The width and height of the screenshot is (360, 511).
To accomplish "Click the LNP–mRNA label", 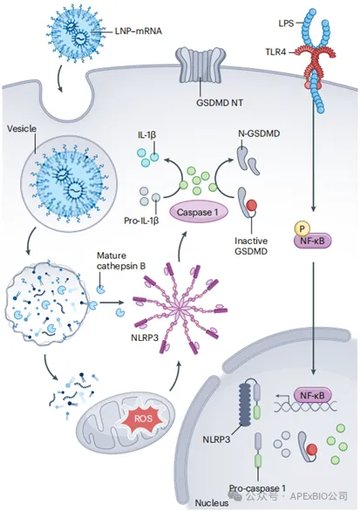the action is pos(139,31).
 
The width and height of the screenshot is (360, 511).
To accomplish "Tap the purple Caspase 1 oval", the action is pos(197,212).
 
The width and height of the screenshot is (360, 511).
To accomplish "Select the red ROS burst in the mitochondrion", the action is pos(143,418).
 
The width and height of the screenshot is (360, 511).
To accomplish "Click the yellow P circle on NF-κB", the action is pos(302,228).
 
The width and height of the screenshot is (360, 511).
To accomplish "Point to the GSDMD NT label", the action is pos(220,103).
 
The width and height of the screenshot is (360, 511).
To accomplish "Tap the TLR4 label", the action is pos(275,51).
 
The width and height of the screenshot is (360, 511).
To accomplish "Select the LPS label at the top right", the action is pos(286,24).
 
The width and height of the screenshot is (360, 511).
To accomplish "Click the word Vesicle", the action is pos(22,129).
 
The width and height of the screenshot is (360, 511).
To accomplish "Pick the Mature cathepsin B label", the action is pos(121,261).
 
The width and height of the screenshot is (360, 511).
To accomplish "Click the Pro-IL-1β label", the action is pos(141,221).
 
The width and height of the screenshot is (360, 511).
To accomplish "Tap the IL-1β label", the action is pos(147,135).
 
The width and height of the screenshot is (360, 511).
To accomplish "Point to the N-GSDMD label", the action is pos(259,133).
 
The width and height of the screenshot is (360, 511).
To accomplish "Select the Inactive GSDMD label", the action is pos(251,246).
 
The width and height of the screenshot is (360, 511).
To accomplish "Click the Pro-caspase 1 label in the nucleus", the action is pos(257,487).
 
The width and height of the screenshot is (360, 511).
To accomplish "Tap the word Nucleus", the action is pos(212,503).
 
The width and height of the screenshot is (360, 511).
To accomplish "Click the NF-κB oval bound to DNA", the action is pos(312,396).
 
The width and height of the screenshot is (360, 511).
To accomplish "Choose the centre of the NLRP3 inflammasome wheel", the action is pos(180,309).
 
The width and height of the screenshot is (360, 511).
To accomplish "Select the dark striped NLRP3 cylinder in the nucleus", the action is pos(245,405).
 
